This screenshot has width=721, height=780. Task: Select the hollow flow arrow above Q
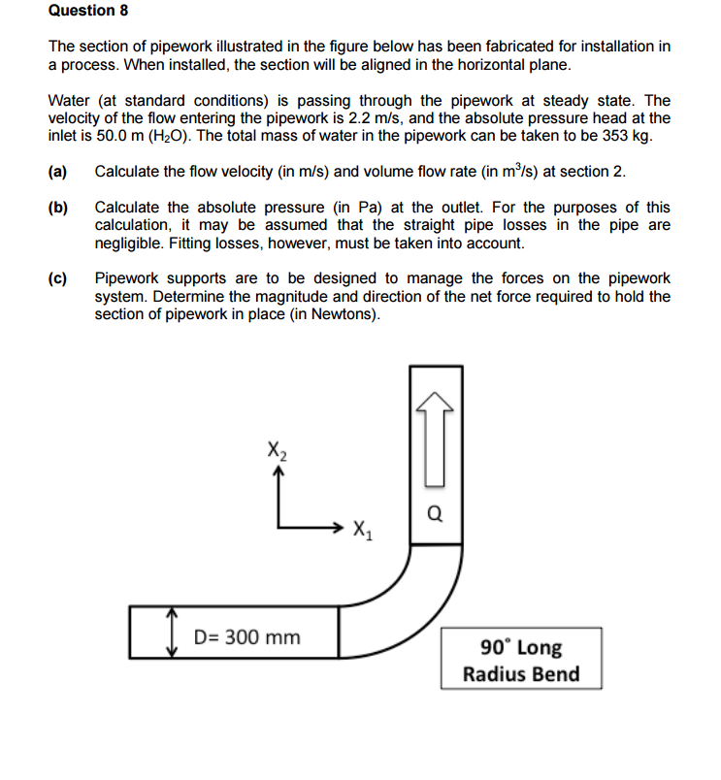click(x=436, y=437)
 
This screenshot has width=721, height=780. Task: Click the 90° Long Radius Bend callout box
click(x=521, y=659)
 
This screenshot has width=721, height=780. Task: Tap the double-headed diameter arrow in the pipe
click(x=172, y=633)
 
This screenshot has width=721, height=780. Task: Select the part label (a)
click(x=58, y=172)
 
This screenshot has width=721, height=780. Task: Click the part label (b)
click(x=58, y=208)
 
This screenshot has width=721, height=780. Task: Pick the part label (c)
click(x=58, y=278)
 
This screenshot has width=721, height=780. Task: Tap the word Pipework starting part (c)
click(x=128, y=278)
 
